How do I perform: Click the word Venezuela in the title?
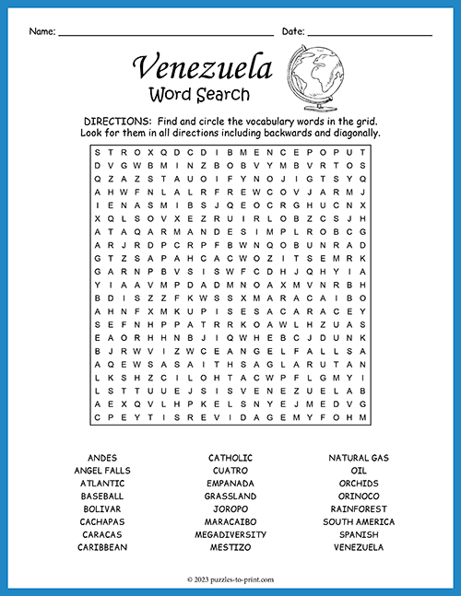(203, 67)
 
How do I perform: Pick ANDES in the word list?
(102, 458)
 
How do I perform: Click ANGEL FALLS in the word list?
(102, 471)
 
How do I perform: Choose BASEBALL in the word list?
(102, 496)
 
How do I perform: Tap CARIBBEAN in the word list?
(102, 546)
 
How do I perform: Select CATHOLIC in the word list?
(230, 458)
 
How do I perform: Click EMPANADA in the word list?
(230, 483)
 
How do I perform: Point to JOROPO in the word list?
(230, 508)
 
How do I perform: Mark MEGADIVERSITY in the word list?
(230, 534)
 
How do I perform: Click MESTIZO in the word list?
(230, 546)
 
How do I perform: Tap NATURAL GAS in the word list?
(359, 458)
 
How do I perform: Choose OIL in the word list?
(359, 471)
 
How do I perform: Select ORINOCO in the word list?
(359, 496)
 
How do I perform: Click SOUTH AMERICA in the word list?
(359, 521)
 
